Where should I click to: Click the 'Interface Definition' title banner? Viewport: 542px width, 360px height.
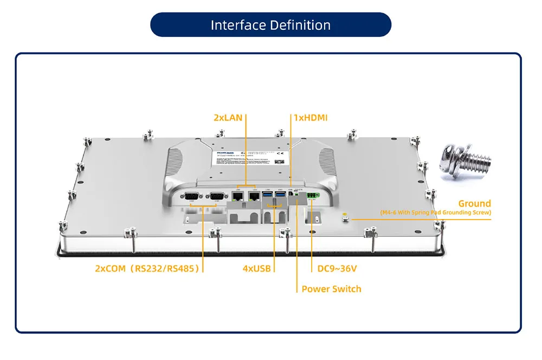[x=270, y=25]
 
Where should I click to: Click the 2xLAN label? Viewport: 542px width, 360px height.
[x=228, y=118]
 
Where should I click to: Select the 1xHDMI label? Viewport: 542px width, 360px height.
[x=311, y=118]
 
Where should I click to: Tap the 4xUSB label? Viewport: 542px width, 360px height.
[x=257, y=268]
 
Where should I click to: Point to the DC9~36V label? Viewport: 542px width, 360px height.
[x=336, y=268]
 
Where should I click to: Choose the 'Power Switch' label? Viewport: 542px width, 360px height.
[x=331, y=289]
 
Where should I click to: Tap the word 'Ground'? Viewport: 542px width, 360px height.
[x=474, y=204]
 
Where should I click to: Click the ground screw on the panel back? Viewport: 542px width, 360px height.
[x=345, y=218]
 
